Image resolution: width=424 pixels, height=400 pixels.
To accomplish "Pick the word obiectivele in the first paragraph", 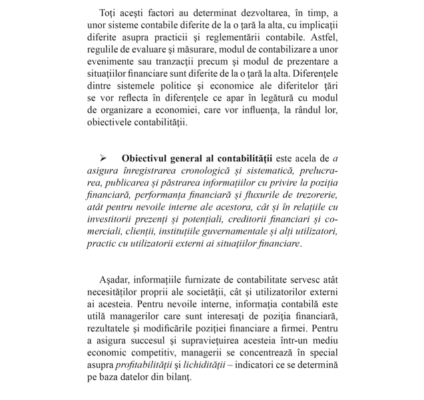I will pyautogui.click(x=112, y=123).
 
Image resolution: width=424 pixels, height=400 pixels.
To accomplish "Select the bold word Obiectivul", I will pyautogui.click(x=147, y=158).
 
